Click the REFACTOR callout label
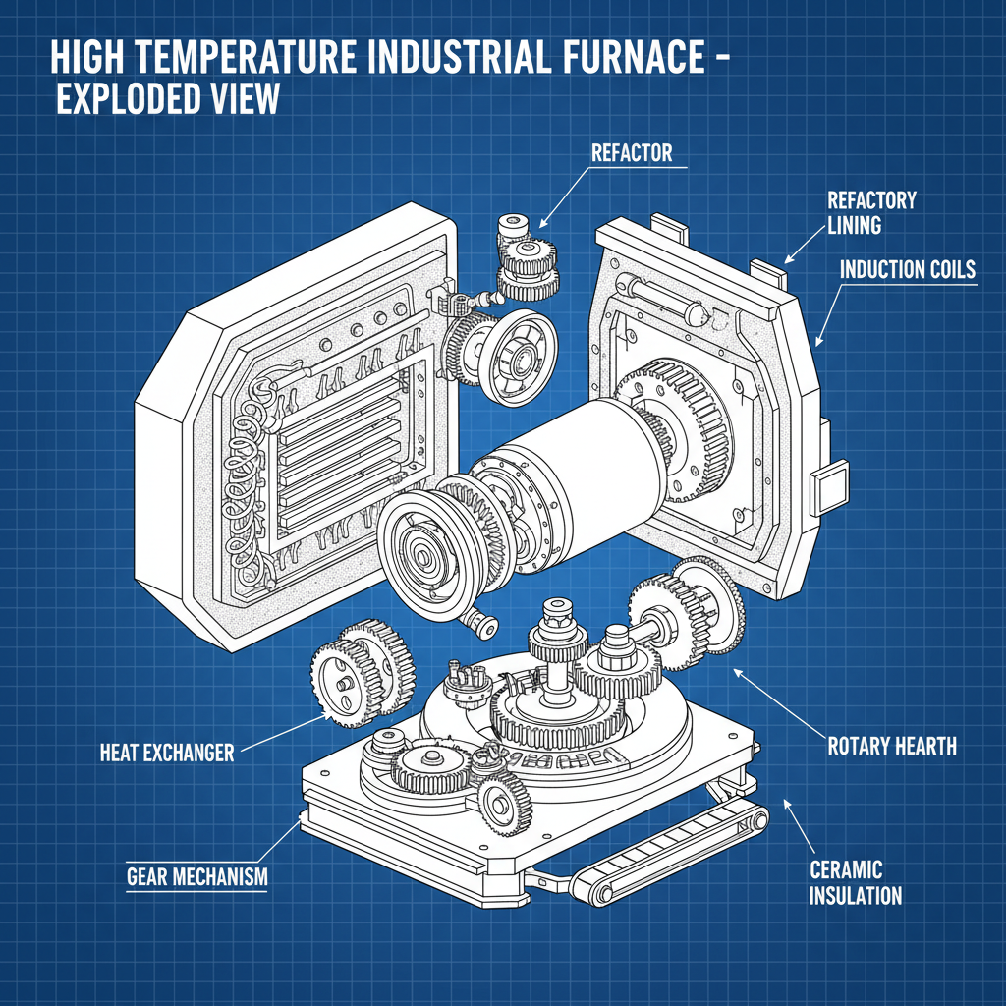631,153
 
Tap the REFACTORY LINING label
872,212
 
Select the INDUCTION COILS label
908,269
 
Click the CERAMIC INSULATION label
855,882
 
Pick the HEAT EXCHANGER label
167,754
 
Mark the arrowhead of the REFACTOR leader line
541,227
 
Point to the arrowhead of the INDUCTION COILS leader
817,344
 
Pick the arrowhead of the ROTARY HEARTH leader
735,671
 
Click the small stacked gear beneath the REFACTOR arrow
526,259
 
